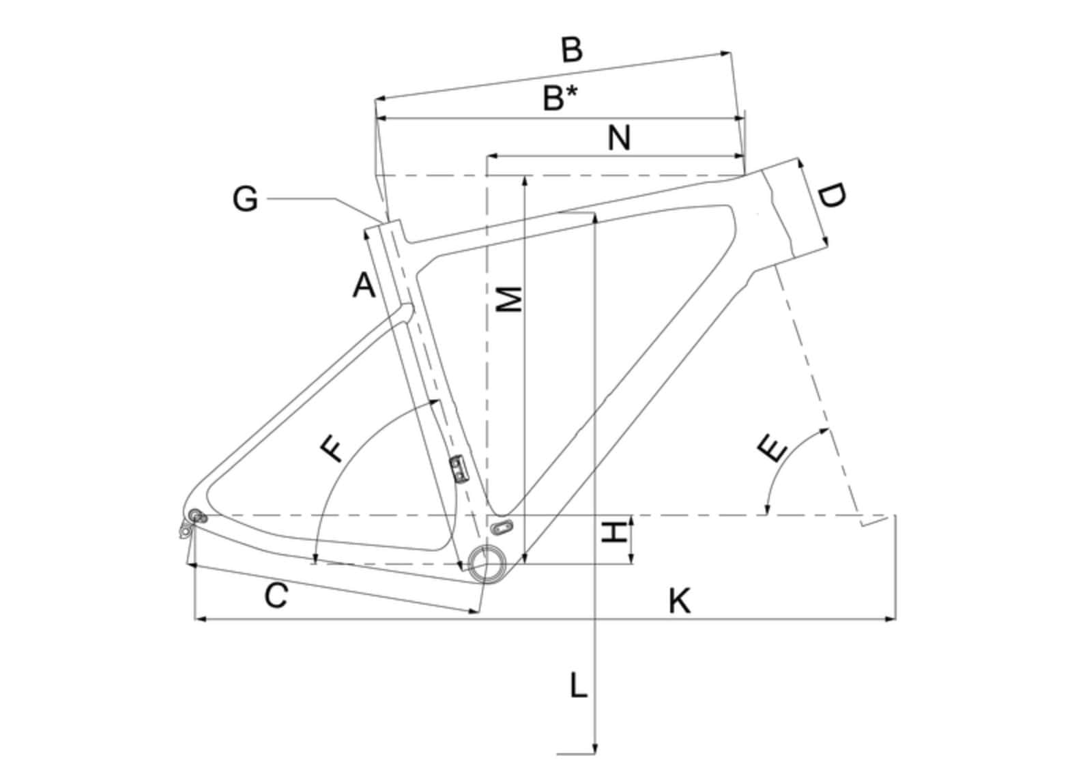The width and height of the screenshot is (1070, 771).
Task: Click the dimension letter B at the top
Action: click(x=573, y=50)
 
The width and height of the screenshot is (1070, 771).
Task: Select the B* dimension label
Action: click(x=560, y=98)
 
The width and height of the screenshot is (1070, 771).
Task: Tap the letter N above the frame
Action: click(x=619, y=139)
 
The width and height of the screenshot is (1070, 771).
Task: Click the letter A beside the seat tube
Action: click(x=364, y=285)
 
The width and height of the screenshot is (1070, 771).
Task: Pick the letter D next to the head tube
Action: click(x=832, y=197)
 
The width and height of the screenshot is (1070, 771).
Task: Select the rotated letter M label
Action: click(x=509, y=300)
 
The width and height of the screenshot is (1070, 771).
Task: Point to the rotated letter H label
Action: click(x=614, y=532)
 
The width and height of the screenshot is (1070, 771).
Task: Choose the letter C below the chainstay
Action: click(x=276, y=596)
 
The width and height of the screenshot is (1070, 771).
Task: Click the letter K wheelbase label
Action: click(x=679, y=601)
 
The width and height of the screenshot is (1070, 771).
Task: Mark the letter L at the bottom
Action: click(x=579, y=686)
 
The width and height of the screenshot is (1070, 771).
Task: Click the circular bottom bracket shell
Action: click(x=487, y=564)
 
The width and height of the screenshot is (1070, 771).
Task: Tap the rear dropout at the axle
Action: click(x=196, y=516)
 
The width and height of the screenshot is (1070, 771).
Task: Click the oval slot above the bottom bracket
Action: click(x=502, y=527)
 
